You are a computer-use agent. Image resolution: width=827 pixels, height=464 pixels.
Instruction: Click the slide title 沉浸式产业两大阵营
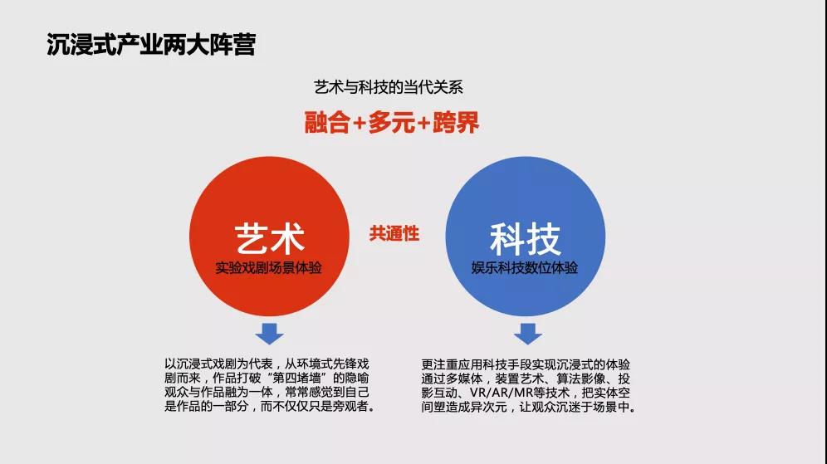point(151,44)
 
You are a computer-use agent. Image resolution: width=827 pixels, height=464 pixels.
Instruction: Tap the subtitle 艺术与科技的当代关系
point(389,87)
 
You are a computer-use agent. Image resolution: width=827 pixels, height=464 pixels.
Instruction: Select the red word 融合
point(327,122)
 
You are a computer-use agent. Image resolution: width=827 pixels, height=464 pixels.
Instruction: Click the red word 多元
point(391,122)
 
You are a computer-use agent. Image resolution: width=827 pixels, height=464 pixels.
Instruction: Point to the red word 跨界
point(456,122)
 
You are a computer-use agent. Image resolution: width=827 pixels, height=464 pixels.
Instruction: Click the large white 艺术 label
point(270,238)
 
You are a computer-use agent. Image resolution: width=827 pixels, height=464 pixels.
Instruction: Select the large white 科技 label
point(526,239)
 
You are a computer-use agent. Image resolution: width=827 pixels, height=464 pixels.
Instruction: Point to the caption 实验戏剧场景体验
point(268,268)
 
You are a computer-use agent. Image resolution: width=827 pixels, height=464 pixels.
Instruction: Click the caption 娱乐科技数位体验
point(525,268)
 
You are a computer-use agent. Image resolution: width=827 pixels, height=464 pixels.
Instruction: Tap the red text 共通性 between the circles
point(394,233)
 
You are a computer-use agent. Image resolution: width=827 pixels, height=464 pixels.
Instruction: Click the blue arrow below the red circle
point(270,334)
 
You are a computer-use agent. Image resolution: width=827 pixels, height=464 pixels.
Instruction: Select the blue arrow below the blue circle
point(527,334)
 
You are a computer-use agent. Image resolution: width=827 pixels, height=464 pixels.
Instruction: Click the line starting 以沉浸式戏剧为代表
point(267,364)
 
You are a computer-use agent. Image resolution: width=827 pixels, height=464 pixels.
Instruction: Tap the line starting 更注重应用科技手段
point(526,364)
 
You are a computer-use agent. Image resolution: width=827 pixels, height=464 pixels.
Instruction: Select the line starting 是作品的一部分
point(270,407)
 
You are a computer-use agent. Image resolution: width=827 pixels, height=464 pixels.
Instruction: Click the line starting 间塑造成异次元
point(528,407)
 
